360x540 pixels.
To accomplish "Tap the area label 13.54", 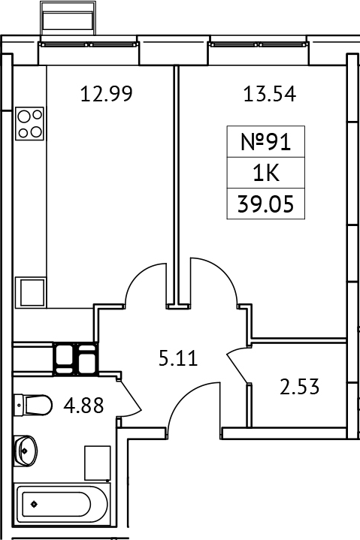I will [x=268, y=95].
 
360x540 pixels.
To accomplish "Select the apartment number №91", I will [x=265, y=142].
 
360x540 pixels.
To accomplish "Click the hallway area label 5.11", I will [x=177, y=358].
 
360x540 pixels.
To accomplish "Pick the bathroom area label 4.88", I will [x=83, y=406].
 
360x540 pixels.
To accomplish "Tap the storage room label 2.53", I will [x=299, y=388].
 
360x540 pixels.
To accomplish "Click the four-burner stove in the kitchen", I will [x=30, y=123].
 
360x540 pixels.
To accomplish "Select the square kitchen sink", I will [x=32, y=291].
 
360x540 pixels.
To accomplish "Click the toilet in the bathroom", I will [x=34, y=406].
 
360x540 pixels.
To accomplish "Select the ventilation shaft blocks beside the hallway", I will [x=75, y=357].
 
